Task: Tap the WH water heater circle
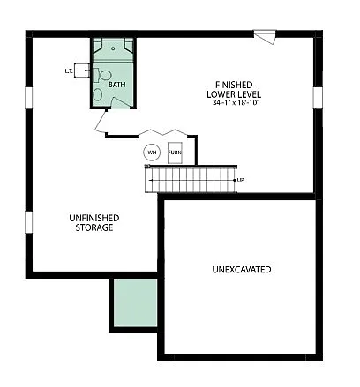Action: pos(151,153)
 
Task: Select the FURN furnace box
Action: pos(175,153)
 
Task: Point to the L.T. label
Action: pos(68,71)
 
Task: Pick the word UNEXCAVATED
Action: pos(241,269)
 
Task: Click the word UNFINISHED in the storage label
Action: pos(94,217)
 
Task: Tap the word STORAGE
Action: pos(94,227)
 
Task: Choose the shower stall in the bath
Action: pos(112,48)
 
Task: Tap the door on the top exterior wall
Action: pos(264,36)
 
